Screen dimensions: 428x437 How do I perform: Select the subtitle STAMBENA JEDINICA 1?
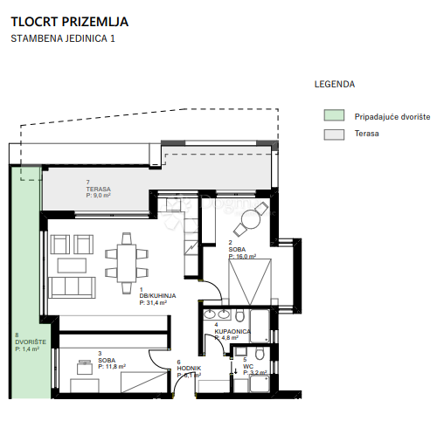62,38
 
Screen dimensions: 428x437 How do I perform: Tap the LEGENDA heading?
334,85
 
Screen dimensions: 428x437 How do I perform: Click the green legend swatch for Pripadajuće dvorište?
333,115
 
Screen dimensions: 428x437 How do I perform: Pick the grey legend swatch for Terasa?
333,135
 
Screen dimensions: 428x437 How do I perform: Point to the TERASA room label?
99,190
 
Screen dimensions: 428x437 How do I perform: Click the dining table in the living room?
128,256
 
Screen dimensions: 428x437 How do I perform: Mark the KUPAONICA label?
232,332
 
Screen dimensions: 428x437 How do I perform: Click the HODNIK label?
189,369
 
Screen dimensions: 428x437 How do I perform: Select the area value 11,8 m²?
112,367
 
